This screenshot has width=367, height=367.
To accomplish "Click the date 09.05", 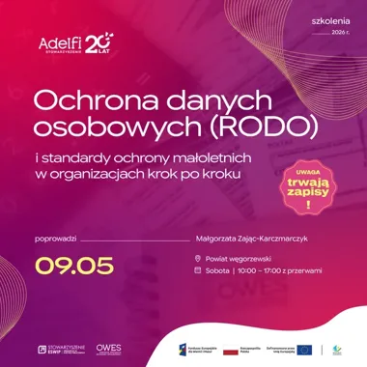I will pyautogui.click(x=75, y=266).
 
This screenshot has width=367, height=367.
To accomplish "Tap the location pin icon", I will pyautogui.click(x=198, y=258).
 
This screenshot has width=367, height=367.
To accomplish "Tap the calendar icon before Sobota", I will pyautogui.click(x=198, y=270).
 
